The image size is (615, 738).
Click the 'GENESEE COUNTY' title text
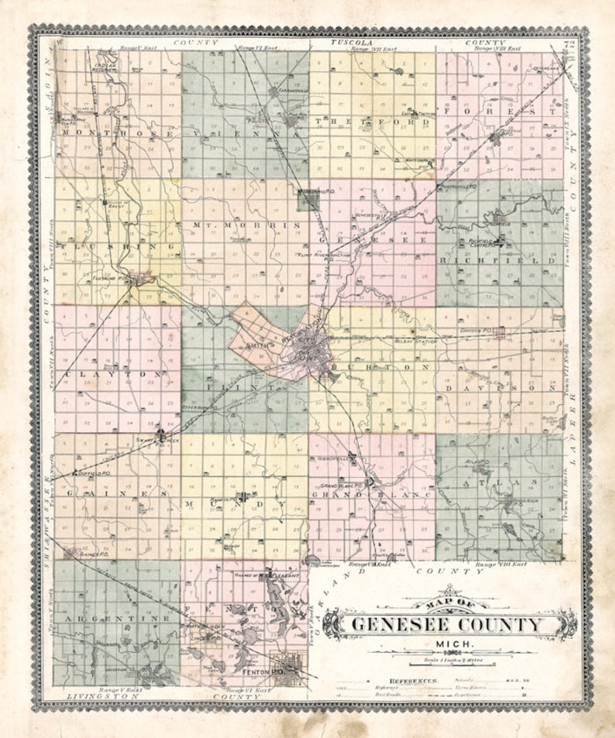tap(448, 624)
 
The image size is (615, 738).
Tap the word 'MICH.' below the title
tap(448, 644)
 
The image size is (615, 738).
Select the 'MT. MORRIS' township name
tap(245, 224)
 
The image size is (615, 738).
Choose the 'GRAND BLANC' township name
tap(371, 494)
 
